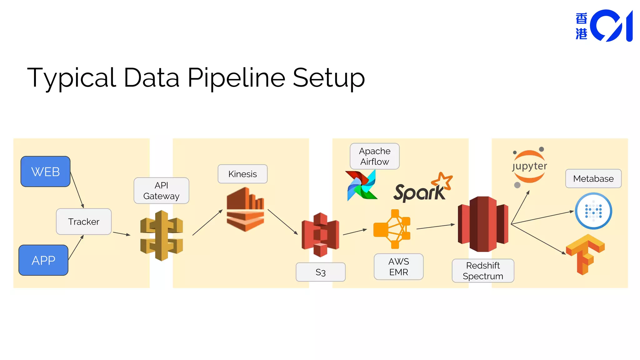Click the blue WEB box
pyautogui.click(x=45, y=172)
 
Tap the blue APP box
pyautogui.click(x=43, y=260)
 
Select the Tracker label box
pyautogui.click(x=84, y=222)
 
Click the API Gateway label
pyautogui.click(x=161, y=191)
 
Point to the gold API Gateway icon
pyautogui.click(x=162, y=236)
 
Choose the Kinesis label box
pyautogui.click(x=242, y=174)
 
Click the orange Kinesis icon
pyautogui.click(x=246, y=209)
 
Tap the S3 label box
pyautogui.click(x=321, y=272)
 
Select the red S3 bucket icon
pyautogui.click(x=320, y=234)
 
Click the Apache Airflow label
pyautogui.click(x=375, y=156)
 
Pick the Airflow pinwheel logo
pyautogui.click(x=362, y=186)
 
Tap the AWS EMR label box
pyautogui.click(x=398, y=267)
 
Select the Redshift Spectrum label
pyautogui.click(x=483, y=271)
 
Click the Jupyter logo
pyautogui.click(x=529, y=167)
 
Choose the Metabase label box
pyautogui.click(x=593, y=178)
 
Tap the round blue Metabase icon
pyautogui.click(x=593, y=211)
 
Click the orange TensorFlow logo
pyautogui.click(x=585, y=254)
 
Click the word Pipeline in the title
pyautogui.click(x=236, y=78)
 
